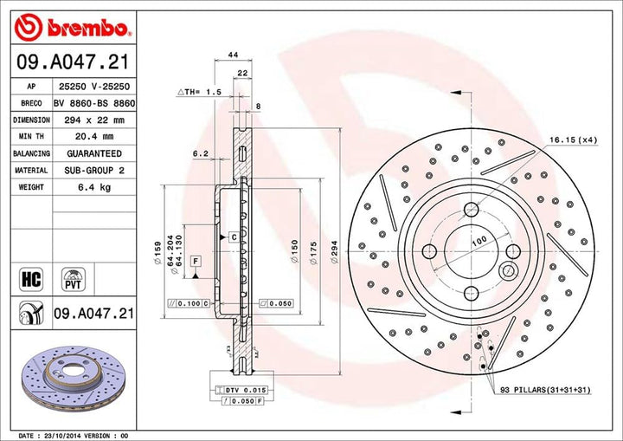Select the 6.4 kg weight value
coord(93,186)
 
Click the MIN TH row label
coord(29,136)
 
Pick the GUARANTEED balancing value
coord(93,153)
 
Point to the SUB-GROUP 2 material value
coord(93,170)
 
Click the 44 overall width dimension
coord(232,55)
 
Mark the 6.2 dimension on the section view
coord(201,153)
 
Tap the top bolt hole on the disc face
coord(471,209)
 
